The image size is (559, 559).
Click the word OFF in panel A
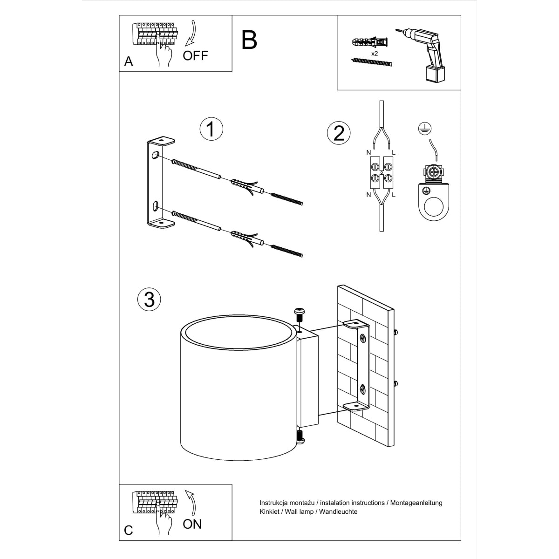195,56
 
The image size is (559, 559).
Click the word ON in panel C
192,524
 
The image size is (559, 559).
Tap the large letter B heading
249,40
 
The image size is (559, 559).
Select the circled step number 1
211,129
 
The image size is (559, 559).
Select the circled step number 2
339,133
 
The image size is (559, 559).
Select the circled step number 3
149,299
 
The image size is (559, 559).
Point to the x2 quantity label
374,54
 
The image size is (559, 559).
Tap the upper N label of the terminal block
368,152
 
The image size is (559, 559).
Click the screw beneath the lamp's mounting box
300,436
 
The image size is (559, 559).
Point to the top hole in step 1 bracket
154,156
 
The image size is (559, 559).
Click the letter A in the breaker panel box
129,61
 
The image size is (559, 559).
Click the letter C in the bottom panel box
129,530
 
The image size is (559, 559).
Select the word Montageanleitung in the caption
416,503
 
